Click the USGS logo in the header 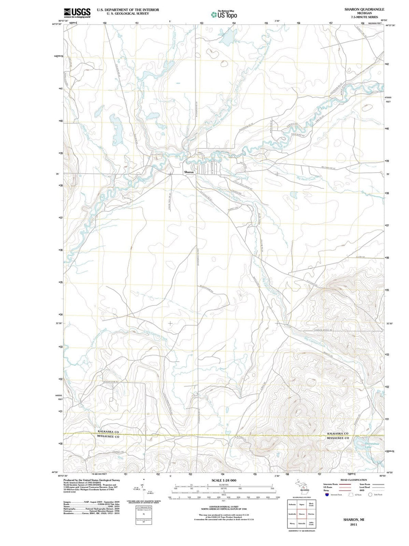tap(77, 13)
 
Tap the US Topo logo tap(224, 14)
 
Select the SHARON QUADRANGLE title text tap(364, 9)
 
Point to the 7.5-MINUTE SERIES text tap(364, 17)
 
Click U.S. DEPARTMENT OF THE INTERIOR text tap(128, 9)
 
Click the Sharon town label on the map tap(189, 172)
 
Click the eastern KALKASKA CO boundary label tap(337, 433)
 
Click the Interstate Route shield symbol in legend tap(326, 495)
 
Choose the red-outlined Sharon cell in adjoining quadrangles tap(302, 514)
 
